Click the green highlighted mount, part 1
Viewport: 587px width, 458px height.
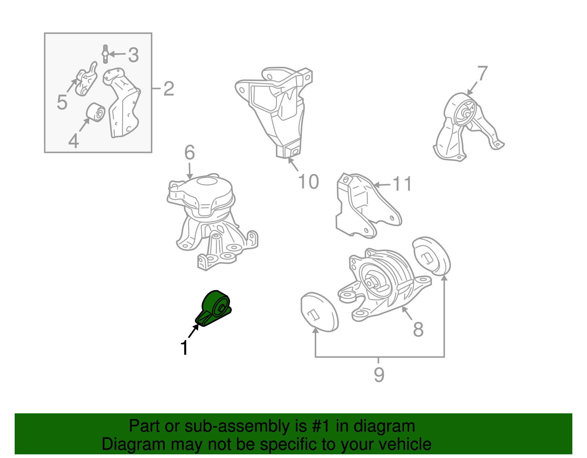pyautogui.click(x=214, y=308)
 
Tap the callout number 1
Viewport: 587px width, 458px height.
pyautogui.click(x=184, y=348)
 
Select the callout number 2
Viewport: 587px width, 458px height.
pyautogui.click(x=169, y=88)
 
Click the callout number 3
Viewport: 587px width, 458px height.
pyautogui.click(x=133, y=55)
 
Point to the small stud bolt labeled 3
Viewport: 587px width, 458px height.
pyautogui.click(x=106, y=54)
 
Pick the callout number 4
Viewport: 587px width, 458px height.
pyautogui.click(x=73, y=140)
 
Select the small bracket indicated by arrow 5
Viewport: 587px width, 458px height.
pyautogui.click(x=86, y=79)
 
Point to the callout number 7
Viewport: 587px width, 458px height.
pyautogui.click(x=482, y=73)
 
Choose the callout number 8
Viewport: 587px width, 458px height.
pyautogui.click(x=418, y=329)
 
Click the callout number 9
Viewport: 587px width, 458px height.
pyautogui.click(x=379, y=374)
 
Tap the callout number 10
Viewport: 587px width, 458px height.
pyautogui.click(x=308, y=182)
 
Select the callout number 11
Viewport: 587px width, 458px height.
pyautogui.click(x=402, y=184)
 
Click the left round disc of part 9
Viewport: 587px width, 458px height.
pyautogui.click(x=319, y=312)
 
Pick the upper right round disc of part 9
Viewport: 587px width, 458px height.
pyautogui.click(x=431, y=256)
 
